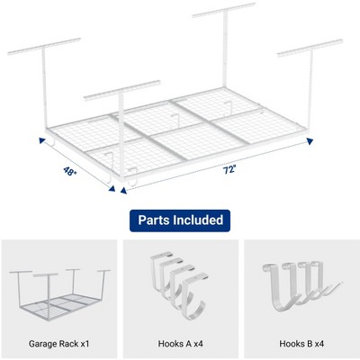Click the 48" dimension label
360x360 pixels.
coord(70,171)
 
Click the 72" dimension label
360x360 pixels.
coord(229,170)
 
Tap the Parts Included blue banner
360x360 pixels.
coord(180,220)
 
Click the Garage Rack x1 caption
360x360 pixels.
coord(59,344)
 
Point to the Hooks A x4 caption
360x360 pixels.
coord(180,344)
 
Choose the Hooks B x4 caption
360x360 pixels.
coord(301,344)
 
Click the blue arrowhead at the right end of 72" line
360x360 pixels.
coord(310,141)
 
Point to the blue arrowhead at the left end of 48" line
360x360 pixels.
coord(42,140)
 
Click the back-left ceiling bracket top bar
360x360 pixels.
coord(44,46)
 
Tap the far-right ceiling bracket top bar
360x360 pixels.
coord(310,48)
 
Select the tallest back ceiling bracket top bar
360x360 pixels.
coord(224,10)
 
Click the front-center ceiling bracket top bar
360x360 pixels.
coord(122,90)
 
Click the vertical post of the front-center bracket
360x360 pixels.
coord(121,136)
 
